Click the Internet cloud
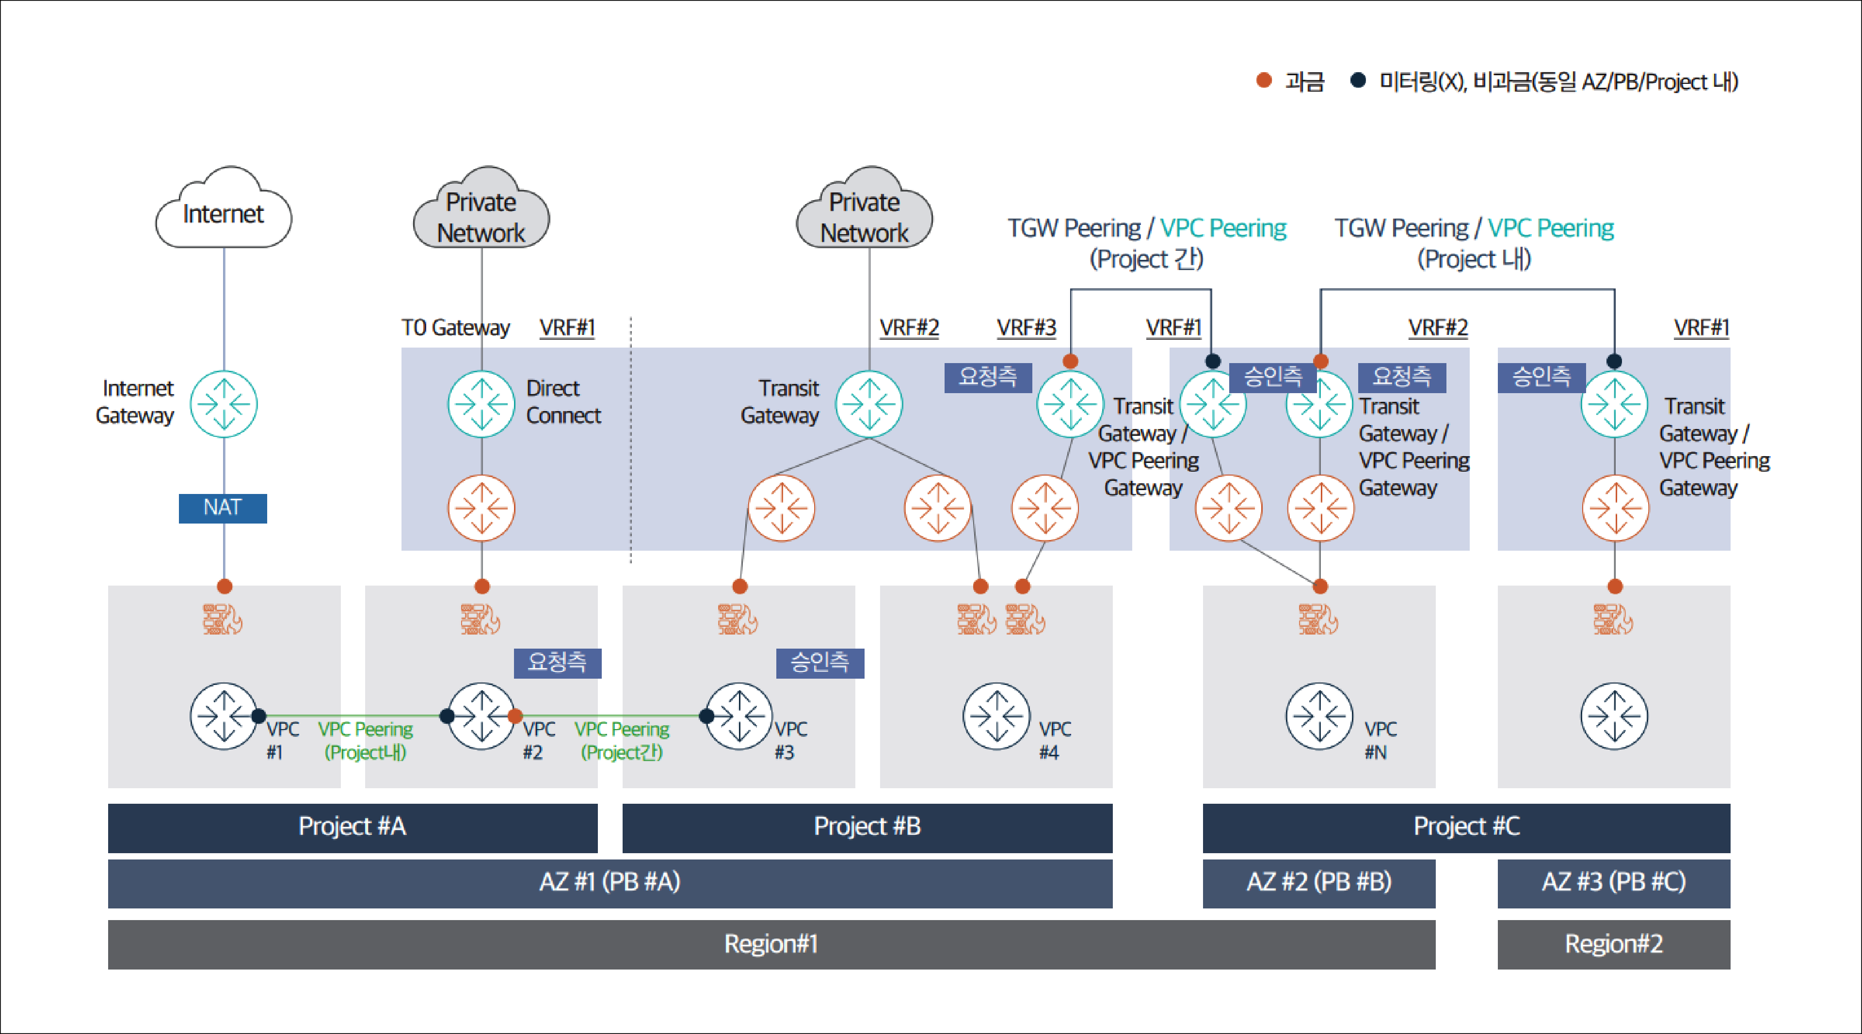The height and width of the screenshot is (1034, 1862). tap(224, 211)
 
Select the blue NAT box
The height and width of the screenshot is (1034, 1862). tap(223, 508)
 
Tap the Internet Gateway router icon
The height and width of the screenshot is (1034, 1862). tap(224, 404)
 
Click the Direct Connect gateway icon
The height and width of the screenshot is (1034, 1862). tap(482, 404)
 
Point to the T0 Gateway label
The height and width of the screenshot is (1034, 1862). tap(455, 328)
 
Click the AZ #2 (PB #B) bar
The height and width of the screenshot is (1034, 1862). tap(1318, 883)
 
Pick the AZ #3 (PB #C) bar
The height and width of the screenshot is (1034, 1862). tap(1613, 883)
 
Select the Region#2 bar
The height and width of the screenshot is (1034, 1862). tap(1613, 944)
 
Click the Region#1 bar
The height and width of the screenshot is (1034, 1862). tap(771, 944)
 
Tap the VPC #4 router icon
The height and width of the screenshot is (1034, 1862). tap(996, 716)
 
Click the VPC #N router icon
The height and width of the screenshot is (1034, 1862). tap(1319, 716)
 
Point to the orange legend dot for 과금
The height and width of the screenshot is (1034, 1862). tap(1264, 80)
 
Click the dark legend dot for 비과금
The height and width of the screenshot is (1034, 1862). tap(1358, 80)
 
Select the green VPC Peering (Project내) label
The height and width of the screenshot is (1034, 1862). tap(365, 741)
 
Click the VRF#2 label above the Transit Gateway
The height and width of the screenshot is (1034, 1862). tap(909, 328)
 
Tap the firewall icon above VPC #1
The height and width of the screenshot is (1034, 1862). tap(223, 619)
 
